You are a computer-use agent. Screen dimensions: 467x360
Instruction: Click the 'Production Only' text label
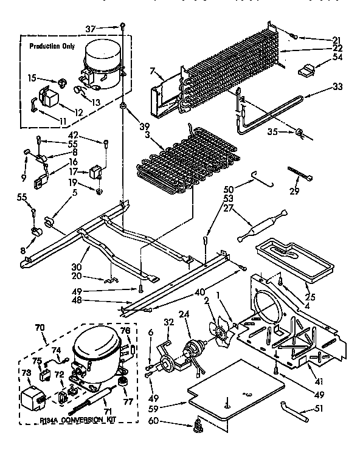[53, 46]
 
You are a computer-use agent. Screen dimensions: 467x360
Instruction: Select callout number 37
[108, 28]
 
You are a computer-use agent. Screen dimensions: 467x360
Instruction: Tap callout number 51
[319, 409]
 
